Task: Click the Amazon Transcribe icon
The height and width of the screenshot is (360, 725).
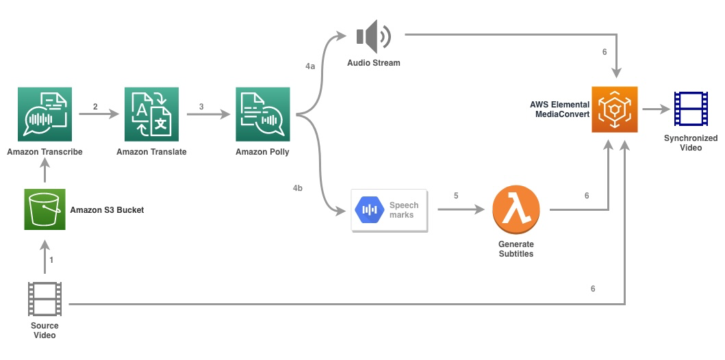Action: point(45,114)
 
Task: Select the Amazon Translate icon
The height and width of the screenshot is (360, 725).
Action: point(152,114)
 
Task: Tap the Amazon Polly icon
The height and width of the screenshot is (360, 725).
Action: point(263,114)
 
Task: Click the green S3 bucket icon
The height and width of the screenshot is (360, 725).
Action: point(45,209)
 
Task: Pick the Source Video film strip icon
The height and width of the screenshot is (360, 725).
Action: point(45,299)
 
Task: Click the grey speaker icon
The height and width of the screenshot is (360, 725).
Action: point(374,36)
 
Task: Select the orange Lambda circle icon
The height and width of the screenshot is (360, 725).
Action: point(516,211)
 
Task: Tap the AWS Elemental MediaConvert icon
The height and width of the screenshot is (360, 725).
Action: point(615,110)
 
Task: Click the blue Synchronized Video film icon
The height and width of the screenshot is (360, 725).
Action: point(691,109)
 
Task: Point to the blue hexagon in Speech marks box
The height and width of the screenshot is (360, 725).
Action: point(370,210)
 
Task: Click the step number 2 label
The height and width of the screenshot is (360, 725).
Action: point(95,107)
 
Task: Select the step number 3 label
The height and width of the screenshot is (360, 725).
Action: point(201,107)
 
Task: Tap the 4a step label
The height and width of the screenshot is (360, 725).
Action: point(310,66)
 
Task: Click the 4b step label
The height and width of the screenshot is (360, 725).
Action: point(298,188)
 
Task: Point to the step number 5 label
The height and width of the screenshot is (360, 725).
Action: point(456,196)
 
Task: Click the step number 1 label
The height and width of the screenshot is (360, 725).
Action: point(51,260)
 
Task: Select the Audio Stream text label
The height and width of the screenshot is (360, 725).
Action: point(374,63)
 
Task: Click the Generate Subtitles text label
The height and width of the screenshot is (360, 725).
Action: point(516,249)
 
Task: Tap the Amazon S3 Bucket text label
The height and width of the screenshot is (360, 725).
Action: point(107,210)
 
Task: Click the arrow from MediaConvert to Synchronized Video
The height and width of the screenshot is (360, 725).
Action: point(657,110)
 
